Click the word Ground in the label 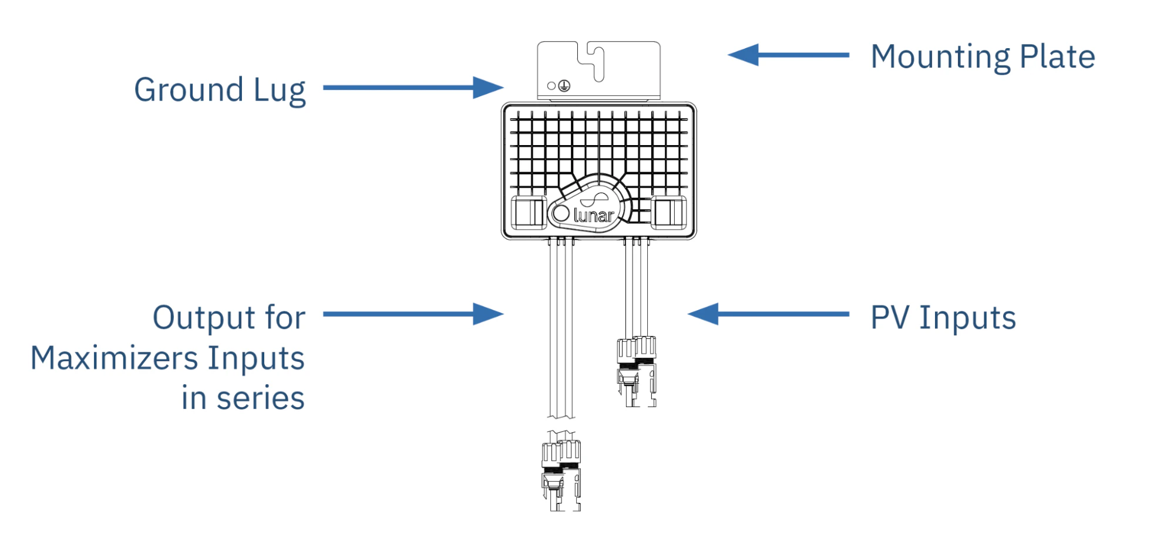click(x=189, y=90)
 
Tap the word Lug click(x=280, y=92)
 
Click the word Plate click(x=1057, y=56)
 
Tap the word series click(x=260, y=398)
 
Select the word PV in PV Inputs click(x=890, y=317)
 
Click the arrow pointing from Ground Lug click(x=413, y=88)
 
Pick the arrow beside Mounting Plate click(x=788, y=55)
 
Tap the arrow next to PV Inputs click(x=768, y=314)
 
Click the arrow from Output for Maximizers click(x=413, y=314)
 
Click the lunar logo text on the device click(x=594, y=216)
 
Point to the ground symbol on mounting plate click(x=564, y=86)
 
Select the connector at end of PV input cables click(x=637, y=371)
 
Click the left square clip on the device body click(x=529, y=213)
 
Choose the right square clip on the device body click(x=669, y=213)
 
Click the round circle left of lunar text click(x=560, y=214)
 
